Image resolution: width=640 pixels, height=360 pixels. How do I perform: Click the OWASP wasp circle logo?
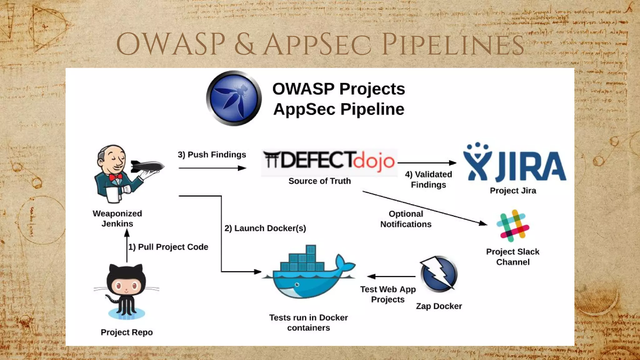point(234,98)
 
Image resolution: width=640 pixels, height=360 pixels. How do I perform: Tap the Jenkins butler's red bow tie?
point(116,177)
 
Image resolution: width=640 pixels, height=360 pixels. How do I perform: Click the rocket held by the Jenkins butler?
point(147,166)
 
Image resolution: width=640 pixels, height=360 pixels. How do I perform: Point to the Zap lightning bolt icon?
point(439,274)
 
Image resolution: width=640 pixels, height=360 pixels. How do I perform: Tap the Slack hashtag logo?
point(513,226)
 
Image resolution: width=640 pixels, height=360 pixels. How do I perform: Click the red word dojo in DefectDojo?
point(374,161)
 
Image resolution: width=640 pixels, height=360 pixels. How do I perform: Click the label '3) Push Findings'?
point(212,155)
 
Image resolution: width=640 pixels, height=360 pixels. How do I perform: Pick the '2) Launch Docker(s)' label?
point(265,228)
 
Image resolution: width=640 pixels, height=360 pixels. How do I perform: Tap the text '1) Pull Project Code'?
point(168,247)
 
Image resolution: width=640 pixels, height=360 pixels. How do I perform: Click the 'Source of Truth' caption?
point(319,181)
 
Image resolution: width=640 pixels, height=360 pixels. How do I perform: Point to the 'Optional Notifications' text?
point(406,219)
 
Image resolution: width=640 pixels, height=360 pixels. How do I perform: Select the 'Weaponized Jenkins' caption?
point(117,218)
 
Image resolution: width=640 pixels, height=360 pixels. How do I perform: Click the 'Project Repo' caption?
point(127,332)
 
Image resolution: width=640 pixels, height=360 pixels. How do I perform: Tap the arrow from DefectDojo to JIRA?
point(427,163)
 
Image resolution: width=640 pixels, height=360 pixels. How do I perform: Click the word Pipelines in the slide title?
point(453,45)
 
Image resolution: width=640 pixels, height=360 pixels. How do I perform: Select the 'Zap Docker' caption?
point(439,306)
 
